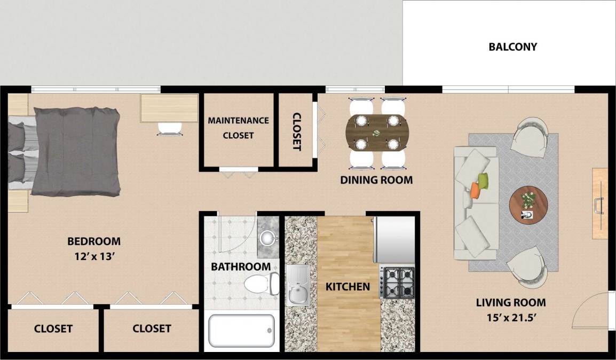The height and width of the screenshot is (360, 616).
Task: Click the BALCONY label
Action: [x=512, y=47]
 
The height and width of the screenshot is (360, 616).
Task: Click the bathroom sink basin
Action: [x=267, y=237]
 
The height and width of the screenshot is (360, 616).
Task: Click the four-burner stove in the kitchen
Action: [x=398, y=283]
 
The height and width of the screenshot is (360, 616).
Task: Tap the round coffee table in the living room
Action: [x=528, y=205]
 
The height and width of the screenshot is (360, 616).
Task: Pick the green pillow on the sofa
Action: [x=483, y=181]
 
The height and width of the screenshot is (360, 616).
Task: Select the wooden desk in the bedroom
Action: [x=169, y=108]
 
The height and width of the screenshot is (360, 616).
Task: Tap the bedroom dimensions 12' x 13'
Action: [x=94, y=256]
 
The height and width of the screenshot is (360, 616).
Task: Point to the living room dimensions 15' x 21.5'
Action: [x=511, y=317]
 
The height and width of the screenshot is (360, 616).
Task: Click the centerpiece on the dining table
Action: [x=377, y=132]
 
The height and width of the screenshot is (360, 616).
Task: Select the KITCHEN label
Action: [x=348, y=287]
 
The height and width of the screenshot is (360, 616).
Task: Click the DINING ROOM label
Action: [x=376, y=180]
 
